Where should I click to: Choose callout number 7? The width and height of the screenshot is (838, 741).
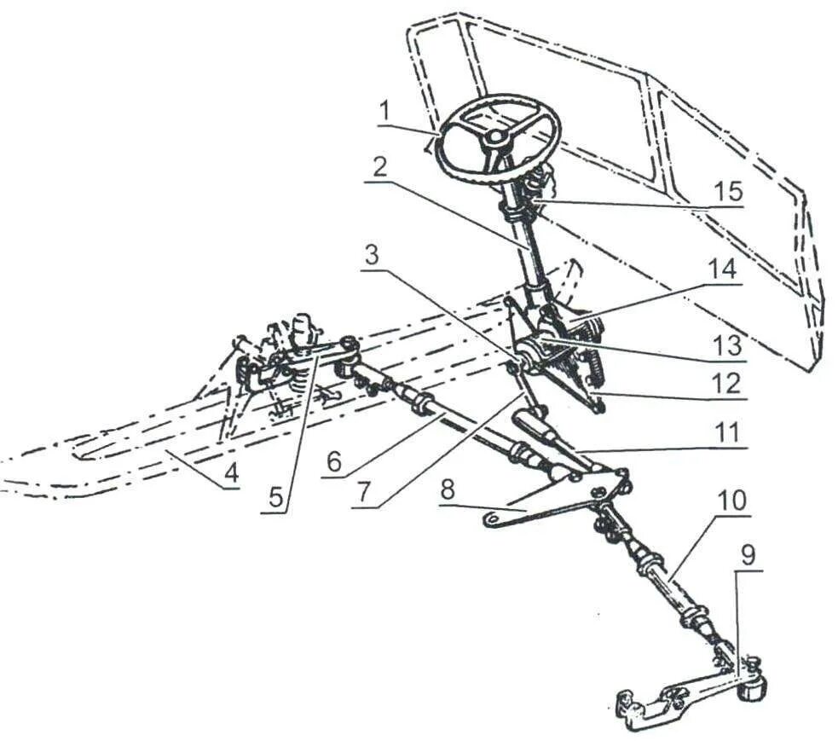[365, 492]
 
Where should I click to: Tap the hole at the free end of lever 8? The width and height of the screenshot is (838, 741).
[492, 518]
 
